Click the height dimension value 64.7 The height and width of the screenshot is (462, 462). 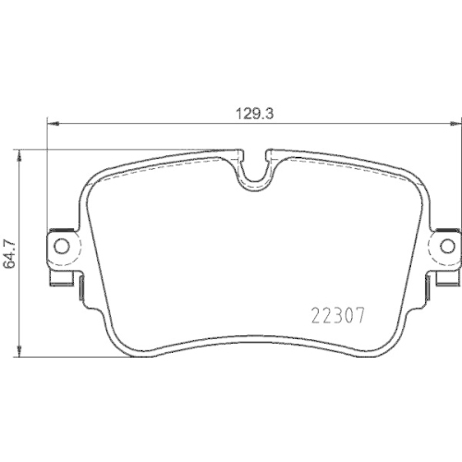coord(11,251)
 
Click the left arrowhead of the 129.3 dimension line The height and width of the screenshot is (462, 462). coord(53,122)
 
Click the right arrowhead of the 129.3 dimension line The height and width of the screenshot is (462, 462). coord(456,122)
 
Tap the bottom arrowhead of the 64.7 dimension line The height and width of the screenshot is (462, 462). coord(21,352)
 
